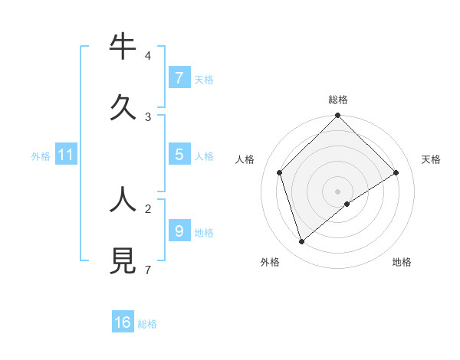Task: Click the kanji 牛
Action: click(123, 47)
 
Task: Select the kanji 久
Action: click(123, 107)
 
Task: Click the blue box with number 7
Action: click(179, 78)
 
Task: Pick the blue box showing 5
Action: click(179, 155)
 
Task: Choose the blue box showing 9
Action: click(179, 231)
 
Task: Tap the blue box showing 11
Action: click(65, 155)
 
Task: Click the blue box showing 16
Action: click(123, 322)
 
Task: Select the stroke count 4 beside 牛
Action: click(147, 56)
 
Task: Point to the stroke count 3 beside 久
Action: click(147, 117)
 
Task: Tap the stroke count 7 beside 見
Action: click(147, 270)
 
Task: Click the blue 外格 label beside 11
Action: click(41, 156)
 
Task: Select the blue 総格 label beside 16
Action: click(147, 324)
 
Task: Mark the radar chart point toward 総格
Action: click(337, 116)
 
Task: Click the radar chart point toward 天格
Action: click(396, 172)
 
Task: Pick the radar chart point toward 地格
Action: click(347, 204)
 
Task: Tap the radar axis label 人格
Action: click(245, 159)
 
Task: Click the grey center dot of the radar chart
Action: click(337, 191)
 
